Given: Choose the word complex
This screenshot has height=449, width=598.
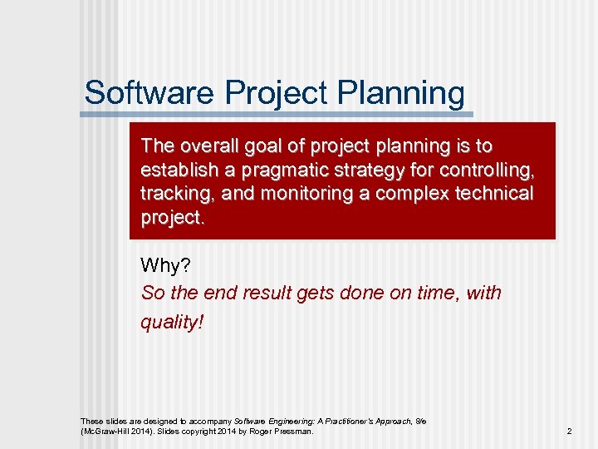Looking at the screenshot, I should pos(403,194).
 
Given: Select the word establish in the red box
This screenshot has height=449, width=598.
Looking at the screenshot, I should pos(176,170).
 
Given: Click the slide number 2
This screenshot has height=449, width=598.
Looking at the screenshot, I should pos(569,432).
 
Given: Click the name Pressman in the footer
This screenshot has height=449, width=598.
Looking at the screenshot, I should pos(295,432).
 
